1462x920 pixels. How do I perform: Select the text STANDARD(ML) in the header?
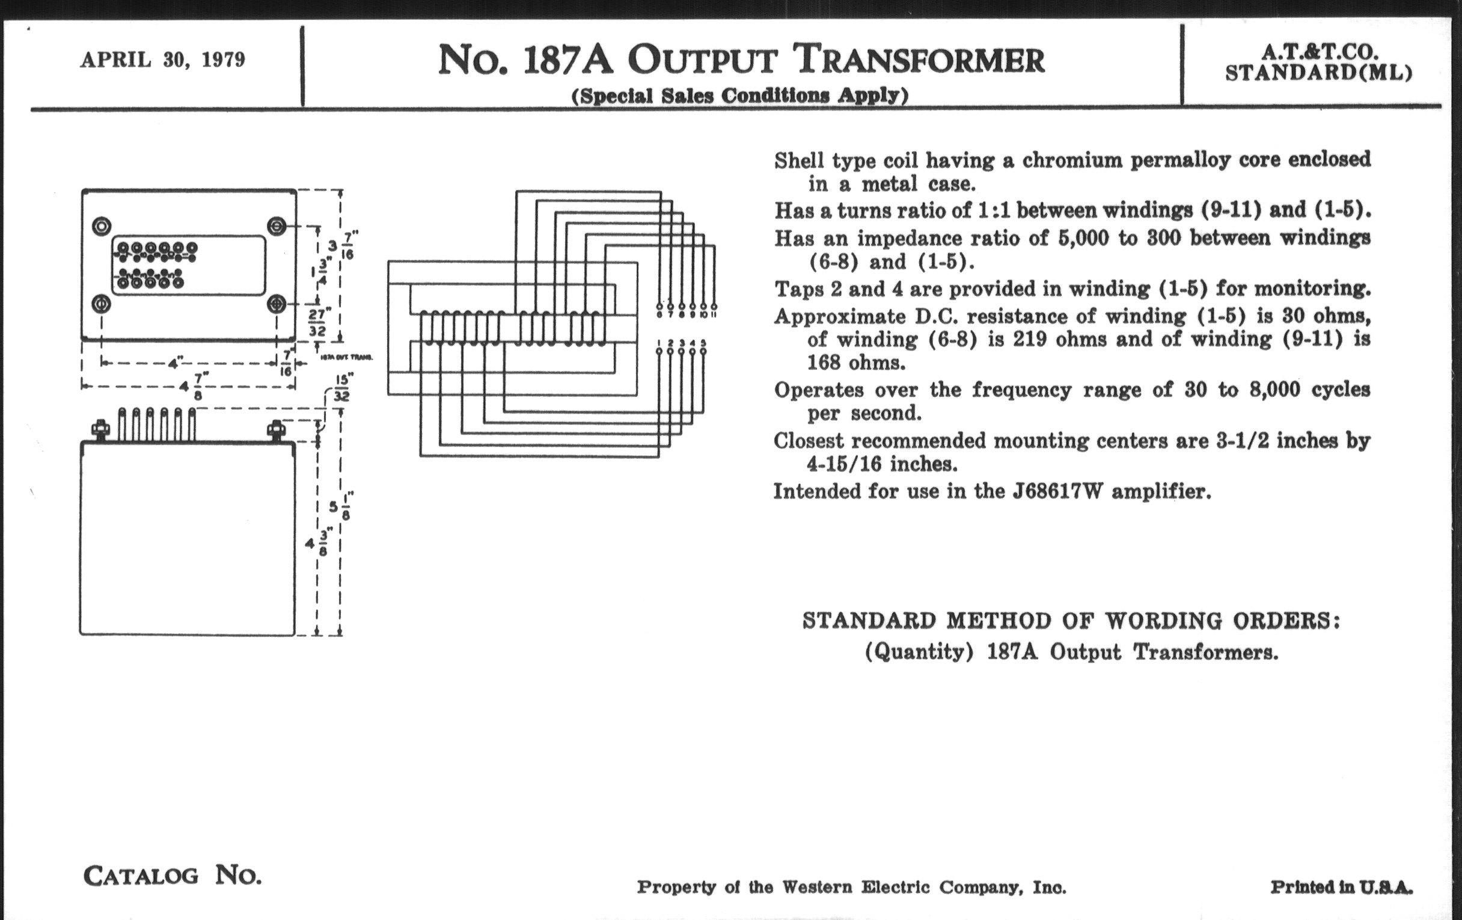click(x=1318, y=73)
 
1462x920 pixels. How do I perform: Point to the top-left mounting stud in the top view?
click(x=102, y=227)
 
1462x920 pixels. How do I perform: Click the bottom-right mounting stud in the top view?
click(x=277, y=303)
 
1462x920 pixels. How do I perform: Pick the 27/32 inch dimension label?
click(x=317, y=322)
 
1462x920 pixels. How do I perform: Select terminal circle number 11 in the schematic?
click(x=714, y=307)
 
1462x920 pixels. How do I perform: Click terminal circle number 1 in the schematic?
click(x=659, y=352)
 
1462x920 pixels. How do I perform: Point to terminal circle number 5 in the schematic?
click(x=703, y=352)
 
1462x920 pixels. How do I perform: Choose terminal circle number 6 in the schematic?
click(x=659, y=307)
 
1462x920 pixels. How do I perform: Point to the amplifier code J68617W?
click(x=1057, y=491)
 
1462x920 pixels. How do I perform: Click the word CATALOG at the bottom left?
click(x=141, y=876)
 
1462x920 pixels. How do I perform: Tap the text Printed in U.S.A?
click(x=1341, y=887)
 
